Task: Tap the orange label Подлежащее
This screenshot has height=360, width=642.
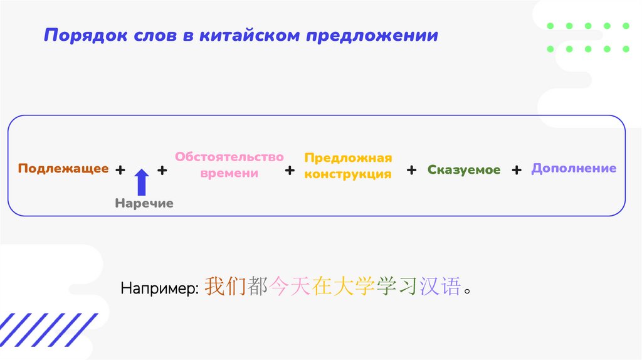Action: (x=63, y=169)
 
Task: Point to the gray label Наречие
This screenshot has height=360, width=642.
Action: (x=144, y=204)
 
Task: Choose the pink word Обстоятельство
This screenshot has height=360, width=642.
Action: (x=229, y=157)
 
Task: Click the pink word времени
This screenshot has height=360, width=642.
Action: (x=229, y=173)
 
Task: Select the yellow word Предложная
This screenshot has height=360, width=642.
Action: (x=348, y=157)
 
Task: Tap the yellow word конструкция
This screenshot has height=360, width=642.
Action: (x=348, y=174)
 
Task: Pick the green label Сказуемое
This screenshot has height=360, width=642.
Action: (x=464, y=170)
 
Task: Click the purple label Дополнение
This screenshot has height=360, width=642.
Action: (x=574, y=169)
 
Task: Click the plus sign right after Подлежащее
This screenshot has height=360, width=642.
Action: (x=120, y=170)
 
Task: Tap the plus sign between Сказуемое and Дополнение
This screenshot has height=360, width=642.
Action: (x=516, y=170)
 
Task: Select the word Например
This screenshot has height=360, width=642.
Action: (x=160, y=289)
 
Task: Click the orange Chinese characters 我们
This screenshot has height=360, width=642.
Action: (x=225, y=286)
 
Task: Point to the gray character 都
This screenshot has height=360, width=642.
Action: (x=257, y=286)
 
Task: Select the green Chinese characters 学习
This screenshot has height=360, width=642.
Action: (x=396, y=286)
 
